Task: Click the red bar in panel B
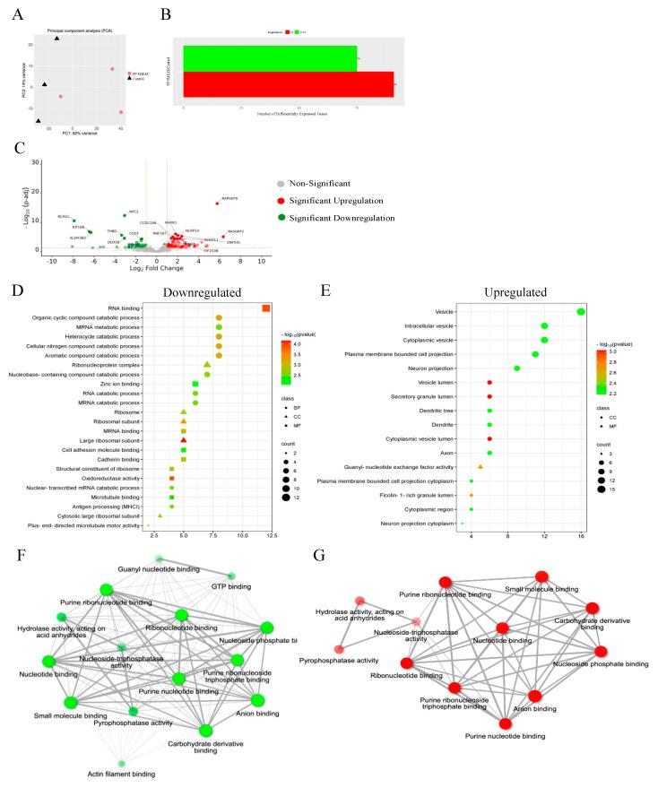click(x=288, y=84)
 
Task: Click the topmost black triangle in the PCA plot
click(x=57, y=38)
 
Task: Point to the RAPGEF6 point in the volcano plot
click(x=215, y=203)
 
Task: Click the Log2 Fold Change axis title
click(x=158, y=268)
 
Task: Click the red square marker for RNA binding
click(x=266, y=308)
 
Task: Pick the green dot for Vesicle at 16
click(x=581, y=311)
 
